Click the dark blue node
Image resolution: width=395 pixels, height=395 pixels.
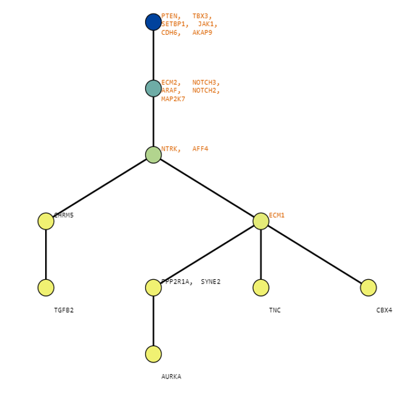(x=153, y=22)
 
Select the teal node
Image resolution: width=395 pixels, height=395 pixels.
(x=153, y=88)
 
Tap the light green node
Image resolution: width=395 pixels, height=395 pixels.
(x=153, y=155)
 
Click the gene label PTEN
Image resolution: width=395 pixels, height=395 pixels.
(x=169, y=16)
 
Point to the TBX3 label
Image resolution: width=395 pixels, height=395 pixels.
(x=201, y=16)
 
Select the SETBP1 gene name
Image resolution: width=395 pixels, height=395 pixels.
(x=173, y=24)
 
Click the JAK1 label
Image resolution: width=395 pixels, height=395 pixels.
(x=206, y=24)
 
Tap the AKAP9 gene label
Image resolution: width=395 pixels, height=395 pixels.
(x=202, y=33)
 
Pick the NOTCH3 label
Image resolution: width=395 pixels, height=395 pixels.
(x=204, y=82)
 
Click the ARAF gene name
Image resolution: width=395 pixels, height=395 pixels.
(x=169, y=91)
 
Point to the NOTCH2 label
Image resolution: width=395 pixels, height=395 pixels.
(x=204, y=91)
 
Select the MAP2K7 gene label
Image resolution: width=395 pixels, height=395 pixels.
(x=173, y=99)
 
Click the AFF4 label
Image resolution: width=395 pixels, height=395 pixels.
(x=200, y=149)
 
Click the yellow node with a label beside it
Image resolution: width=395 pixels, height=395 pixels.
(x=261, y=221)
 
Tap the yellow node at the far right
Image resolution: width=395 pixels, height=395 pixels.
(x=368, y=288)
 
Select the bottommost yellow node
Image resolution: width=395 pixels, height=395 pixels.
(x=153, y=354)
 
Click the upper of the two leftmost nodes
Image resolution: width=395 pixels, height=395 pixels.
(x=46, y=221)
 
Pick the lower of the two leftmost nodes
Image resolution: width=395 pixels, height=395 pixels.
(x=46, y=288)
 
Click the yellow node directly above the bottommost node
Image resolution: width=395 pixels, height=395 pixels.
(x=153, y=288)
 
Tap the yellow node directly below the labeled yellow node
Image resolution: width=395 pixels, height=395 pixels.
(x=261, y=288)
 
